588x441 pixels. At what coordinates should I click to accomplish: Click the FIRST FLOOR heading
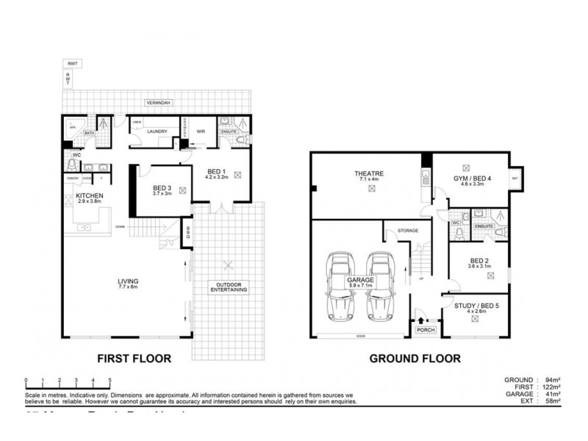[135, 359]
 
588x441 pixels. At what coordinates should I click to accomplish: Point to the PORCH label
[426, 330]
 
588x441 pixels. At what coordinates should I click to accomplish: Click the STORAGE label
[408, 231]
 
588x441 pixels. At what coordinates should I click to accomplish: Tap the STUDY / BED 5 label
[476, 306]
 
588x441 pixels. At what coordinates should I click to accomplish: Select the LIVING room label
[129, 281]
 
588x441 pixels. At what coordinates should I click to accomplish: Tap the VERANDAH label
[158, 103]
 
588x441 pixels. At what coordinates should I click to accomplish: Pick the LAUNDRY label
[158, 132]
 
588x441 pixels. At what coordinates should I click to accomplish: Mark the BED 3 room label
[162, 189]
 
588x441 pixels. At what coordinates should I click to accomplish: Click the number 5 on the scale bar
[110, 381]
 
